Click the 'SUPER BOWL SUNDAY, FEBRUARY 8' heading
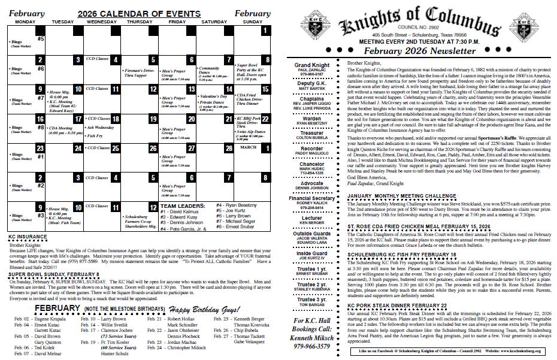coord(54,274)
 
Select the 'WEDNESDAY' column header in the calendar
coord(102,22)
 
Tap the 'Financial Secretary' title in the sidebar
coord(311,198)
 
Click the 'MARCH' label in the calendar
coord(248,147)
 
